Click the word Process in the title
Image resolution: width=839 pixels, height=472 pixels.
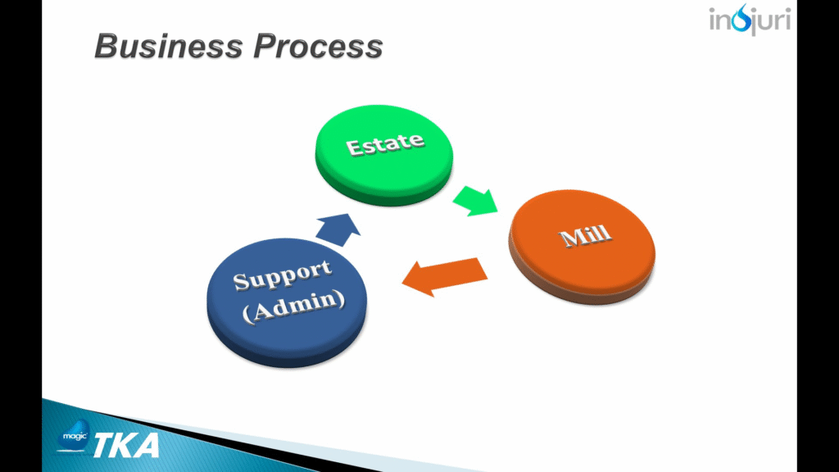point(318,46)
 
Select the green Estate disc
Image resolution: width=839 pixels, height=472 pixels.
point(383,155)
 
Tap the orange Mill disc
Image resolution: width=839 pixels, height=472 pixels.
point(582,247)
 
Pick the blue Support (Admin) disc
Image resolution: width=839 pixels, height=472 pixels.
point(287,302)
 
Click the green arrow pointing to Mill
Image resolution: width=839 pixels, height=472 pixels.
point(475,201)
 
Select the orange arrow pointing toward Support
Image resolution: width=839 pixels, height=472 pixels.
point(445,276)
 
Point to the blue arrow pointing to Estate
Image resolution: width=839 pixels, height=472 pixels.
point(338,229)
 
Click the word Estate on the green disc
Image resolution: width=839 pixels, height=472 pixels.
point(385,144)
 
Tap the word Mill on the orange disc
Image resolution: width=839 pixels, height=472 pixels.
point(584,235)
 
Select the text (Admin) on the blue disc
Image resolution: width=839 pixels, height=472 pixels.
point(293,306)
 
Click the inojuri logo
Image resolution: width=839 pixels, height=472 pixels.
point(750,20)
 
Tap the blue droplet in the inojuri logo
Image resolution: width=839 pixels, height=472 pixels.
point(741,18)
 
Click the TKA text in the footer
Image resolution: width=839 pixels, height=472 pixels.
point(127,445)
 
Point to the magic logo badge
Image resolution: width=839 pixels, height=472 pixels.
point(74,435)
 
